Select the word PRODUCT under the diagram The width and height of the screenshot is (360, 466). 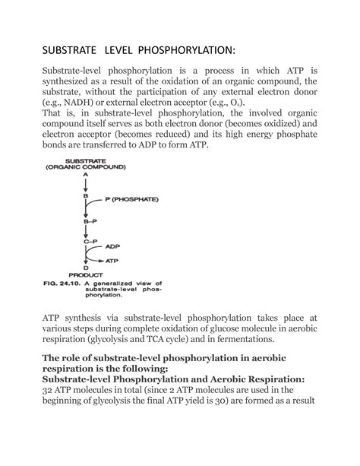86,274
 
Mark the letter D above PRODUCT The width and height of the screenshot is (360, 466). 86,267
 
